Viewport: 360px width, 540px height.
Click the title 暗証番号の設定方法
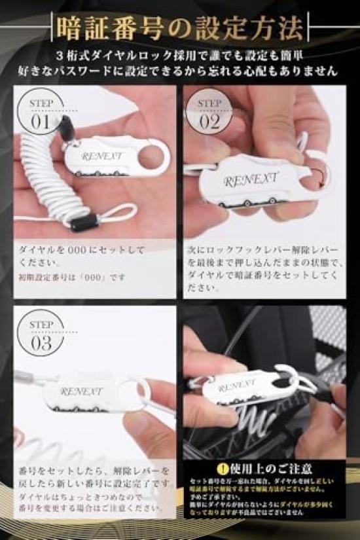point(180,27)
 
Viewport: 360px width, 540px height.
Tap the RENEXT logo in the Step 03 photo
point(82,391)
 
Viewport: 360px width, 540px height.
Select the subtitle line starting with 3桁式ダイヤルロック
point(180,55)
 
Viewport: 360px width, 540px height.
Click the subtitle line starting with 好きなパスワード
point(180,71)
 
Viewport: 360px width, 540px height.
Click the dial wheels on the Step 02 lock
point(252,200)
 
